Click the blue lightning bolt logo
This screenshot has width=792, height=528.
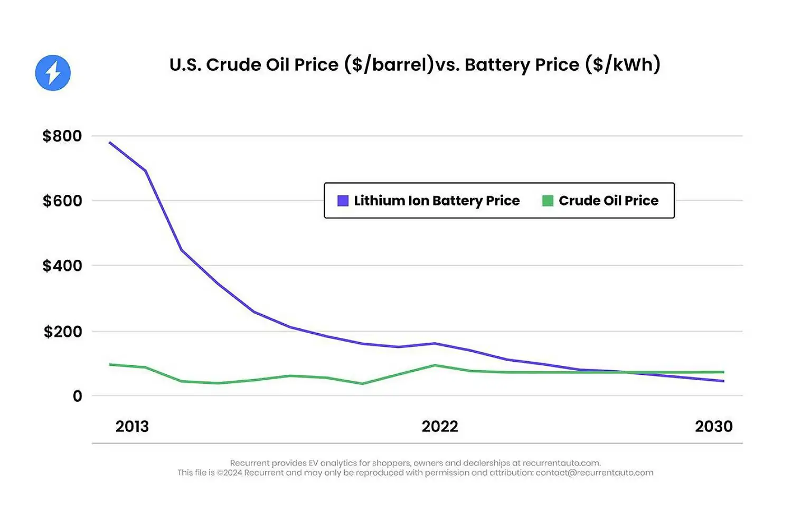pos(53,73)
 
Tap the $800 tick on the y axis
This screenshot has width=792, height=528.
pos(62,136)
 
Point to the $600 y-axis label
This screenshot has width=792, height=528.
pos(62,201)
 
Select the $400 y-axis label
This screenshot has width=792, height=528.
pos(62,266)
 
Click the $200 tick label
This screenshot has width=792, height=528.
pos(63,332)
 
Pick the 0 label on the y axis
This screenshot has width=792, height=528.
pos(78,396)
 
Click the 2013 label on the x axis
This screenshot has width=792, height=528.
pos(132,427)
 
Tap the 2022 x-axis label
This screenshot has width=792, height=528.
pos(440,427)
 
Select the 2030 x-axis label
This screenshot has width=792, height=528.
pos(714,427)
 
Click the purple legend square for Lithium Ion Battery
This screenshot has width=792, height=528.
pos(343,201)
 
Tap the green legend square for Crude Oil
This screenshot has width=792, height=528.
pos(548,201)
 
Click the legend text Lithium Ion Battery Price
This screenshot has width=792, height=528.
pos(437,201)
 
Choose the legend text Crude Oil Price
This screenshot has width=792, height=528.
pos(609,201)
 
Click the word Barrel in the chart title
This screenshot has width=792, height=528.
pos(399,64)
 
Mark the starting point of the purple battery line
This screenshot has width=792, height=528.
pos(110,143)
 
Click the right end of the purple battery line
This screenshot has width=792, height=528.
pos(723,381)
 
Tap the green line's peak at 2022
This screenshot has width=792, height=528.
pos(435,365)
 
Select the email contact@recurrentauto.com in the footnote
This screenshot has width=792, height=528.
pos(595,473)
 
